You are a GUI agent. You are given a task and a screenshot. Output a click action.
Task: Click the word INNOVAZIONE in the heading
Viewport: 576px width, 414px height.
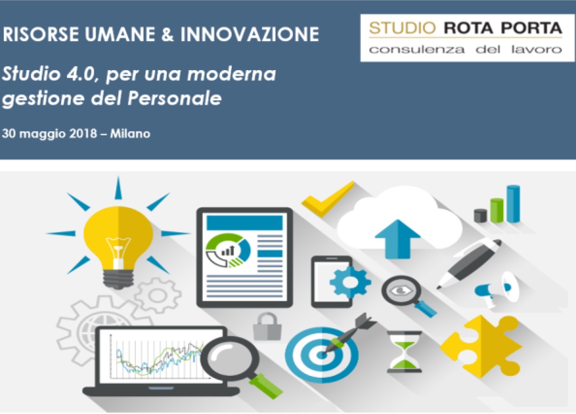coord(250,34)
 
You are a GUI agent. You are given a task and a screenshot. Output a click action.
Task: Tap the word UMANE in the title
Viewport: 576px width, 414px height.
coord(119,34)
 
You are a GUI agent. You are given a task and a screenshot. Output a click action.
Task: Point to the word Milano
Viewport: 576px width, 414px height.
coord(131,133)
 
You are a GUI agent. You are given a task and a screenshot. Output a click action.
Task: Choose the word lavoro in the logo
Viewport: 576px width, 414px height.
coord(537,49)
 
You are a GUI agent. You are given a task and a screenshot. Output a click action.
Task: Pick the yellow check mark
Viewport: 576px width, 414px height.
coord(327,200)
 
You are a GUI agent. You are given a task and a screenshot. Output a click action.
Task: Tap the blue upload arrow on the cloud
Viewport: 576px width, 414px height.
coord(398,239)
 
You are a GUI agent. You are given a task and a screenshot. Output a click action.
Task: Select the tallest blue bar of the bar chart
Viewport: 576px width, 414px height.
coord(513,204)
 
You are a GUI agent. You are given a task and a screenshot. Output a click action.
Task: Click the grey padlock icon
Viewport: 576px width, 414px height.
coord(267,326)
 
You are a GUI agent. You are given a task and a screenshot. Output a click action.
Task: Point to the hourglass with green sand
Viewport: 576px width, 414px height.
coord(404,351)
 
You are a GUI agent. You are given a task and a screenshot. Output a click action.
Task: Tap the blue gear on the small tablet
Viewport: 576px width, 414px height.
coord(350,282)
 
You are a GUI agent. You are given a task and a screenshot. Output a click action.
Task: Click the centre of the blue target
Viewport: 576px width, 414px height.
coord(321,355)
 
